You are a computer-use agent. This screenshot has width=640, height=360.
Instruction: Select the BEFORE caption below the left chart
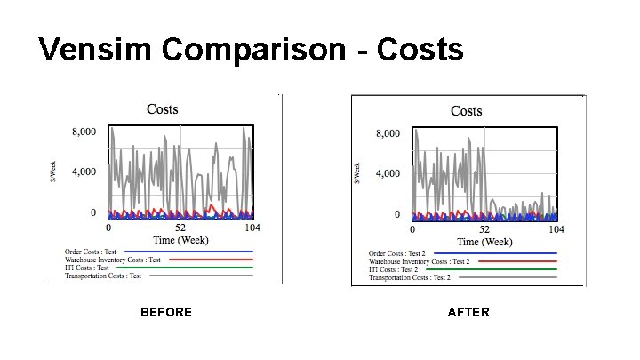click(x=166, y=312)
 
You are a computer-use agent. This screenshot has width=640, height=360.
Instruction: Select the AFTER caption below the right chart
click(x=468, y=312)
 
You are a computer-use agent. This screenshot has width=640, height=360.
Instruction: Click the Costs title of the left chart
click(x=162, y=109)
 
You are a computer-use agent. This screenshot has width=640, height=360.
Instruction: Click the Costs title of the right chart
click(x=466, y=111)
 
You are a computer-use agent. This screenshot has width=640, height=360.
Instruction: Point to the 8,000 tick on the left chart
click(x=84, y=132)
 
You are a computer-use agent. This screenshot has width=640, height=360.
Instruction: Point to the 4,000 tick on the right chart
click(x=388, y=173)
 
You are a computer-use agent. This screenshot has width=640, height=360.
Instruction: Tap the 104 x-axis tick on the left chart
click(x=252, y=228)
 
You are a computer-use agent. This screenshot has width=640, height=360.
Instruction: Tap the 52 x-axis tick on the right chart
click(x=484, y=230)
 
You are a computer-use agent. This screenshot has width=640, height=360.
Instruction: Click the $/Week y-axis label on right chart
click(x=358, y=173)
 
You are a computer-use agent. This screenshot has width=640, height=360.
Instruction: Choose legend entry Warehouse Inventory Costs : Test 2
click(x=420, y=261)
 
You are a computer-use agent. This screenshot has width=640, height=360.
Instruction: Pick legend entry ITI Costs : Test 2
click(x=393, y=269)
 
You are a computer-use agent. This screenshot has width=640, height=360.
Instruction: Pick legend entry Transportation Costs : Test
click(x=103, y=276)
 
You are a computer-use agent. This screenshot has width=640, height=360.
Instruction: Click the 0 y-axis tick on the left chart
click(x=92, y=212)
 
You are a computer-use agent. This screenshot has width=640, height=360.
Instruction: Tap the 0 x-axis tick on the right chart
click(x=413, y=230)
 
